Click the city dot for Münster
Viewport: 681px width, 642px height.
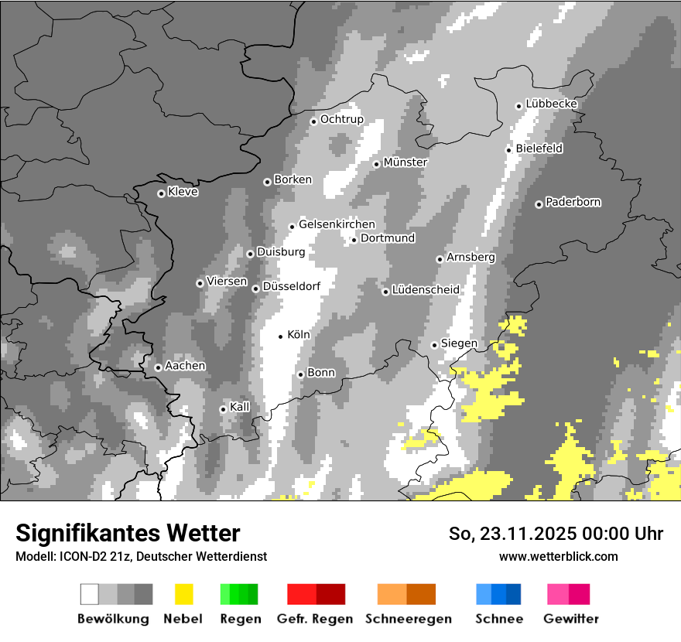tap(376, 164)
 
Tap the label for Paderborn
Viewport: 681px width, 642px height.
tap(573, 202)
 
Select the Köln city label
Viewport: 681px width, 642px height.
tap(299, 335)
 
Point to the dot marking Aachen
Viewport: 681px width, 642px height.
tap(158, 367)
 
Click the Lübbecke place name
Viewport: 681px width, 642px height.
tap(551, 104)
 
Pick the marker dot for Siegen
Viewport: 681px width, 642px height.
tap(434, 345)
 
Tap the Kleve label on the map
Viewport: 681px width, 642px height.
tap(183, 192)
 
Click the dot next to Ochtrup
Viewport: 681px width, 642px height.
tap(313, 121)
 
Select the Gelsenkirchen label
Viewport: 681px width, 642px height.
tap(337, 224)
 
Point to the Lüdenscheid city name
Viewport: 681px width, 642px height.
tap(426, 290)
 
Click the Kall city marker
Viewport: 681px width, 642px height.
tap(223, 409)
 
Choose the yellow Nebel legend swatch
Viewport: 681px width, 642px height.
tap(183, 594)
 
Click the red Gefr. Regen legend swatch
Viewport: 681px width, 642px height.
tap(316, 594)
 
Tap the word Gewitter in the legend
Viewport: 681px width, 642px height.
tap(571, 619)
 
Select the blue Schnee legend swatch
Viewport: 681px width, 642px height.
tap(498, 594)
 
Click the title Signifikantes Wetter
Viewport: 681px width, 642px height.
tap(128, 533)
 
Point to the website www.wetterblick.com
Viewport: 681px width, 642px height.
tap(558, 556)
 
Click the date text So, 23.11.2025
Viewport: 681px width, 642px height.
tap(512, 534)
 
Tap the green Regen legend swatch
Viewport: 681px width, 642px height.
tap(239, 594)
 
